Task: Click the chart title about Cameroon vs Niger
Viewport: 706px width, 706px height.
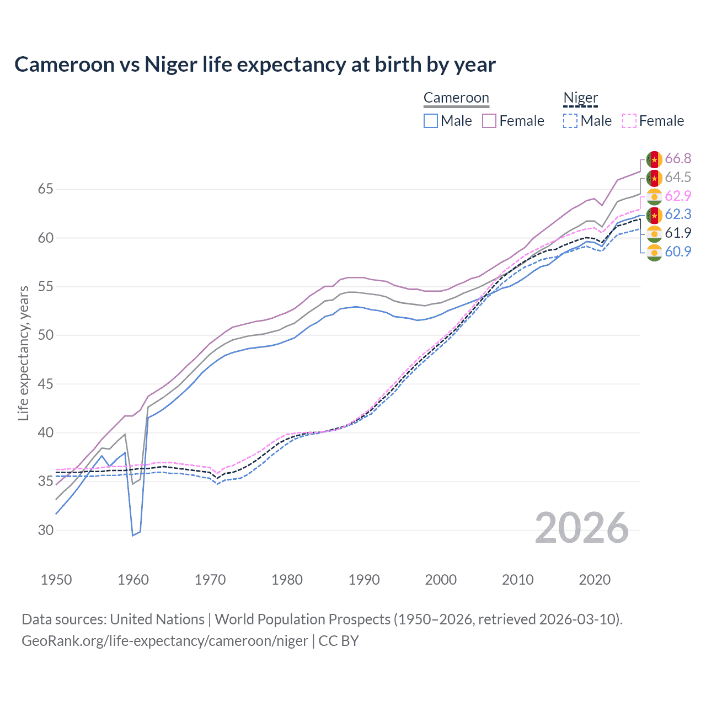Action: point(255,65)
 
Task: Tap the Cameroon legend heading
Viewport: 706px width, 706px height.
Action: point(456,98)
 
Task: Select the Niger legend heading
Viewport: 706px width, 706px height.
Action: point(580,98)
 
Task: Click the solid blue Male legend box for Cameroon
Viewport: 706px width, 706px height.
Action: point(431,121)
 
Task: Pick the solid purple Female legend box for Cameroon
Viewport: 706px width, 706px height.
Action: point(489,121)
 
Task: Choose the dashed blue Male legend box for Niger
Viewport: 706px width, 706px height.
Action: point(570,121)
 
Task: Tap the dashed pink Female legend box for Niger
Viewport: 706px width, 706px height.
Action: point(629,121)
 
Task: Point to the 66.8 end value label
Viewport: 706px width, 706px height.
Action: point(678,159)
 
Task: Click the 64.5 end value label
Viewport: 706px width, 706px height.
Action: point(678,178)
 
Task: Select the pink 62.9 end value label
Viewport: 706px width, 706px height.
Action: point(678,196)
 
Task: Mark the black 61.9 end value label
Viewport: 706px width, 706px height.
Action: point(678,233)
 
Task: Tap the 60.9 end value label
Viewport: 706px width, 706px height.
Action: point(678,252)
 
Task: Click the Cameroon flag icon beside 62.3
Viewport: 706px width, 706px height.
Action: point(654,215)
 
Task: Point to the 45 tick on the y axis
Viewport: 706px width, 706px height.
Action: point(45,384)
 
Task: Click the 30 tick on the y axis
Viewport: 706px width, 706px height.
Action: point(45,530)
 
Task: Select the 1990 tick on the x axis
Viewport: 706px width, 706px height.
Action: point(364,580)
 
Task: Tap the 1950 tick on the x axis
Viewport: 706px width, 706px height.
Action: point(56,580)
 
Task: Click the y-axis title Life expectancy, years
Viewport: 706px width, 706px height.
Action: point(23,353)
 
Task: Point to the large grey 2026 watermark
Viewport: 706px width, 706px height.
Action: point(582,528)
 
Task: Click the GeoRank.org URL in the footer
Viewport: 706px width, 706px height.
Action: point(164,641)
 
